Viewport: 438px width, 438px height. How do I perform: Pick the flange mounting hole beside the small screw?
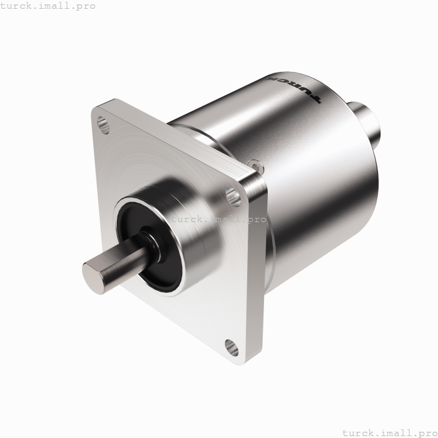pyautogui.click(x=235, y=196)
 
